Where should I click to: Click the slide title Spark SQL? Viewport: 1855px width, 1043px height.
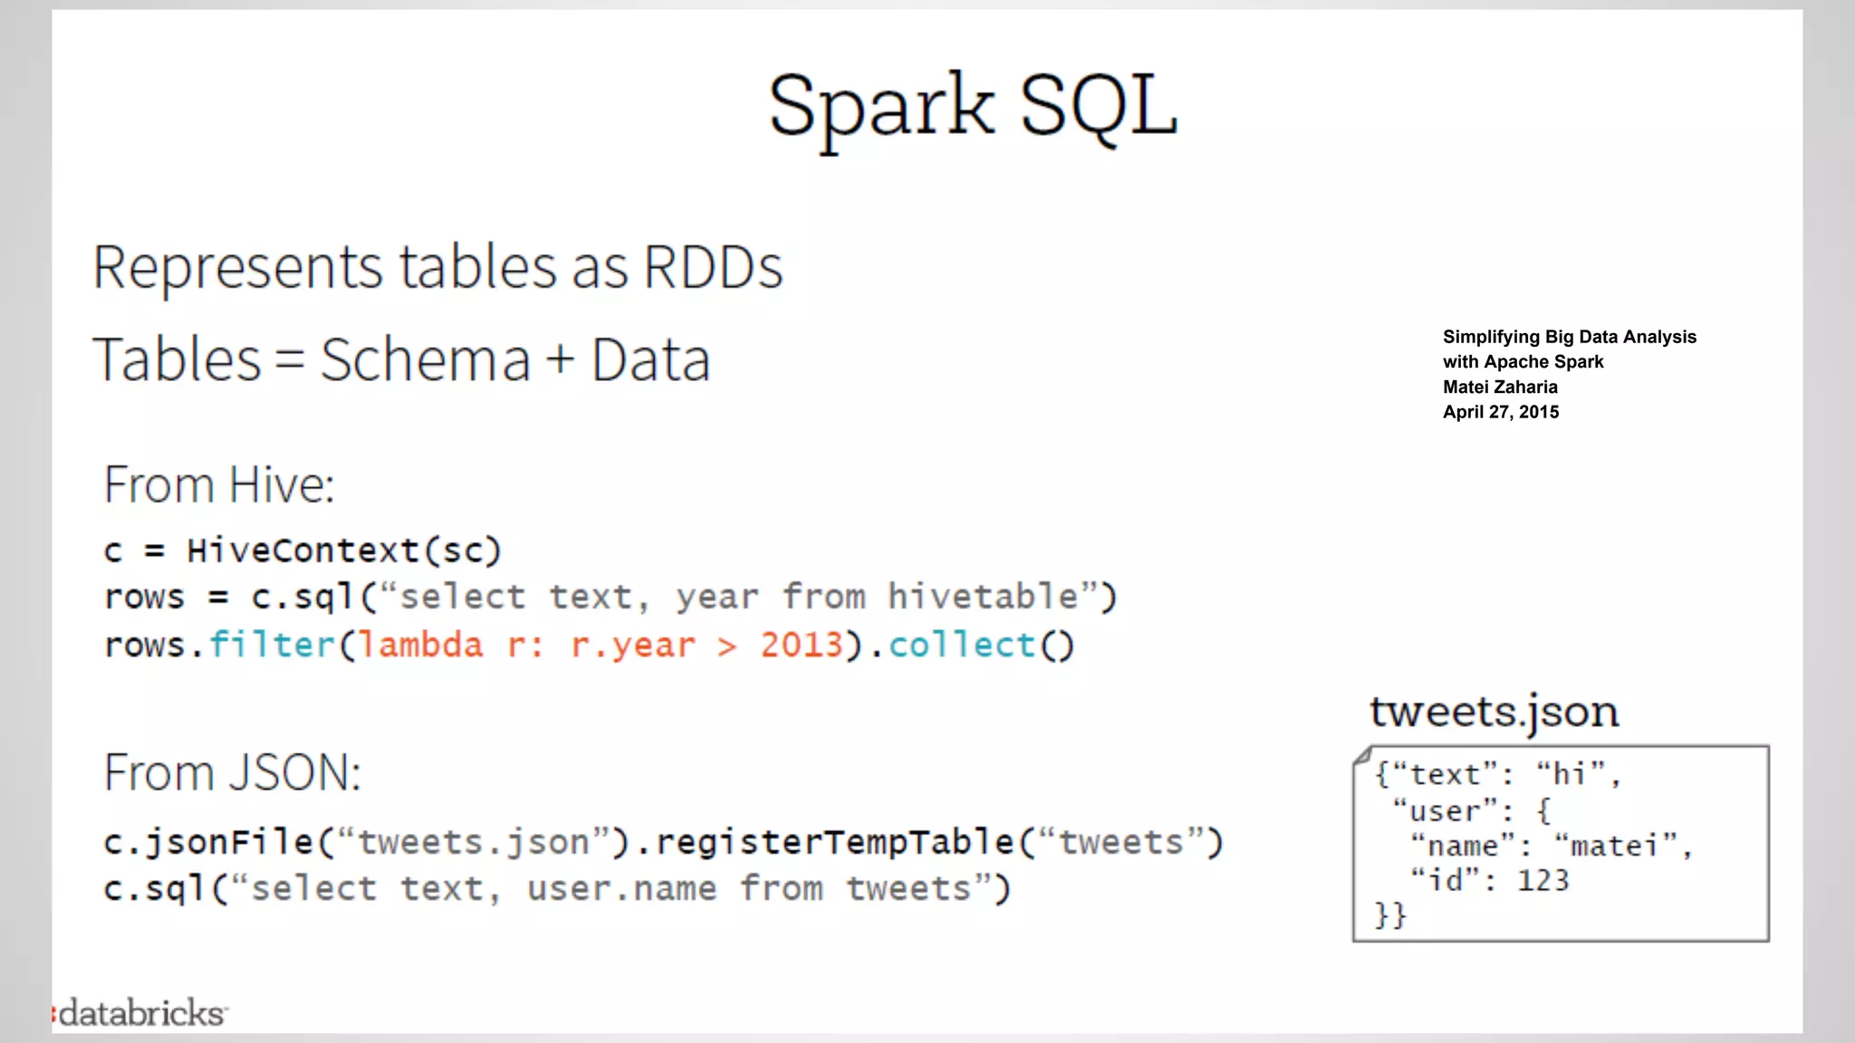click(x=973, y=107)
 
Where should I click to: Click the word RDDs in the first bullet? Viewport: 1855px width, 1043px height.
click(x=713, y=268)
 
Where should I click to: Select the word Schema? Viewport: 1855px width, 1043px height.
click(x=425, y=360)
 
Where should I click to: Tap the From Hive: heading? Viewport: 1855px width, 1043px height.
click(x=218, y=485)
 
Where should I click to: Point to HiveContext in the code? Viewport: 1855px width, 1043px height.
click(x=303, y=550)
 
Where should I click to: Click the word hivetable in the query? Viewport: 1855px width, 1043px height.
click(x=983, y=598)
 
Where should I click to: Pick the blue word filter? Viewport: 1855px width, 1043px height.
click(x=272, y=646)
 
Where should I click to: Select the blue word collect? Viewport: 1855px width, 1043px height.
click(x=961, y=646)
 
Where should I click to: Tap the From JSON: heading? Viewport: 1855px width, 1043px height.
click(x=232, y=773)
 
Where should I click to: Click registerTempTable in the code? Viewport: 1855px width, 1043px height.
click(x=834, y=843)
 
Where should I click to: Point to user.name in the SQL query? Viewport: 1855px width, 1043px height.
click(x=621, y=889)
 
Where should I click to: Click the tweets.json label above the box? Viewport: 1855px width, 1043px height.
click(x=1494, y=712)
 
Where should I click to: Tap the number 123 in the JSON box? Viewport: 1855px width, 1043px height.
click(x=1543, y=881)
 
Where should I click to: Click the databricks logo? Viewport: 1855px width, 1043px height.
click(x=140, y=1013)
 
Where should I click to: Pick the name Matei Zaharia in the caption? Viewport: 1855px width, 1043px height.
click(x=1500, y=388)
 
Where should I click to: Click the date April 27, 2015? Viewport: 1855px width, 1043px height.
click(x=1501, y=412)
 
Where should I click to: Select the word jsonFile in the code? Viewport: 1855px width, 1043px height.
click(x=230, y=843)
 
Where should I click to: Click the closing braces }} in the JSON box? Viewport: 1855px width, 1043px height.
click(x=1389, y=915)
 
